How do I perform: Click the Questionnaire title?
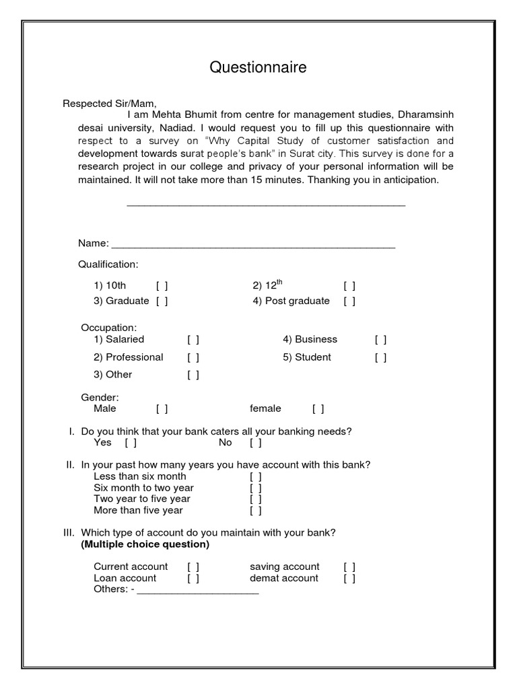click(x=258, y=67)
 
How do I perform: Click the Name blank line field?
click(x=253, y=244)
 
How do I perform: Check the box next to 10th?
click(x=162, y=286)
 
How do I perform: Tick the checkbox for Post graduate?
click(x=349, y=301)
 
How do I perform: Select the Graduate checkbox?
click(x=162, y=301)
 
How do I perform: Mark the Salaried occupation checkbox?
click(x=193, y=340)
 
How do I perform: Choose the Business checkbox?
click(x=381, y=340)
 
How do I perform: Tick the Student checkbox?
click(x=381, y=358)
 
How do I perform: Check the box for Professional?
click(x=193, y=358)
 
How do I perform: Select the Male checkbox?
click(x=162, y=409)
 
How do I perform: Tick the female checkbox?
click(x=318, y=409)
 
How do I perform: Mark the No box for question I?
click(x=256, y=443)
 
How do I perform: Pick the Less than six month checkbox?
click(x=256, y=477)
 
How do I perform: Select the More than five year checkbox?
click(x=256, y=511)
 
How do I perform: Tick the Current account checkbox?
click(x=193, y=567)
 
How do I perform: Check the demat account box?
click(x=349, y=579)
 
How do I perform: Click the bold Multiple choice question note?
click(x=145, y=544)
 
